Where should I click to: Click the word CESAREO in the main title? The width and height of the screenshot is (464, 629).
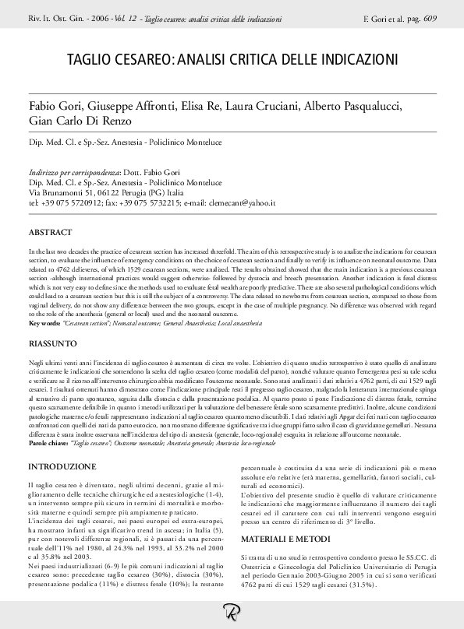click(145, 59)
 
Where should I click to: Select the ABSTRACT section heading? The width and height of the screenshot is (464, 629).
click(51, 233)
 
